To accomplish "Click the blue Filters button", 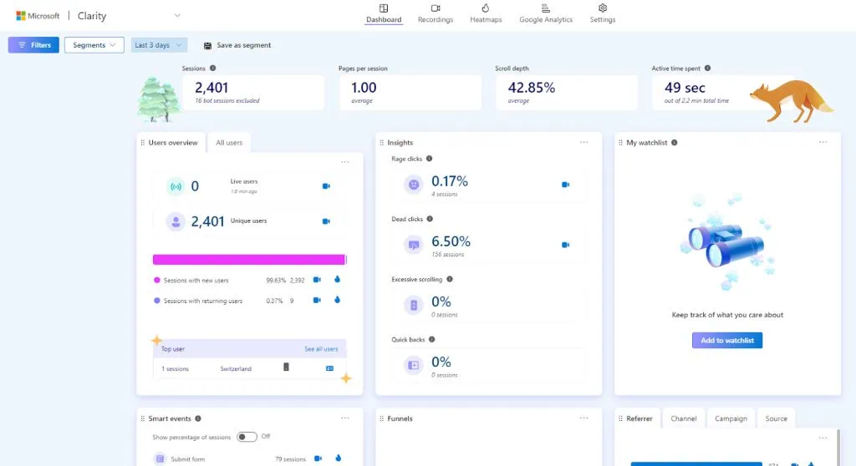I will point(33,45).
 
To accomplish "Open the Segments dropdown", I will point(94,45).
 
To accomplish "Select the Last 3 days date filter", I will point(159,45).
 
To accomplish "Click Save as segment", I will point(237,45).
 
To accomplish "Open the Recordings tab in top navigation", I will point(435,13).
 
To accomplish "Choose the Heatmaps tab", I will point(486,13).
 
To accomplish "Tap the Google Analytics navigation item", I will point(546,13).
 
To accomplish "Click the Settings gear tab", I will point(602,13).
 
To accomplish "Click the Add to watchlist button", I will point(726,341).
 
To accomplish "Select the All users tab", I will point(229,143).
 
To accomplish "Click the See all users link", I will point(321,349).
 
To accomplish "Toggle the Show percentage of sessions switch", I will point(247,436).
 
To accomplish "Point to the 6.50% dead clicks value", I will point(451,241).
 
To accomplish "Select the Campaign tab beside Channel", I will point(731,418).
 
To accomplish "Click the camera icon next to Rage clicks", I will point(565,185).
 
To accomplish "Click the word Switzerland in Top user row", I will point(236,368).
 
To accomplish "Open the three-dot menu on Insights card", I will point(583,143).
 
